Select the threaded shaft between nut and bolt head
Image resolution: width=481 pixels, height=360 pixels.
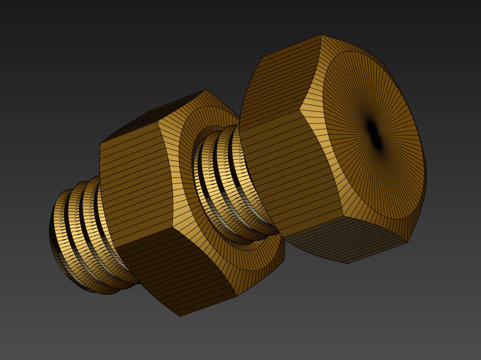pos(221,179)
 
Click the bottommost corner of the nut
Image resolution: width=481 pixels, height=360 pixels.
pos(180,316)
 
